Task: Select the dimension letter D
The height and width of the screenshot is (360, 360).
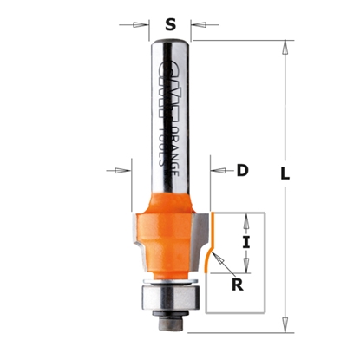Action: coord(242,171)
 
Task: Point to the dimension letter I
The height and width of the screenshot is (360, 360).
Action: coord(245,244)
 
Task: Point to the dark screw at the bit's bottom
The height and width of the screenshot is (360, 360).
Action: coord(170,321)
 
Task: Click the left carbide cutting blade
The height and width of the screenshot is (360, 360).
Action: coord(138,239)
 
